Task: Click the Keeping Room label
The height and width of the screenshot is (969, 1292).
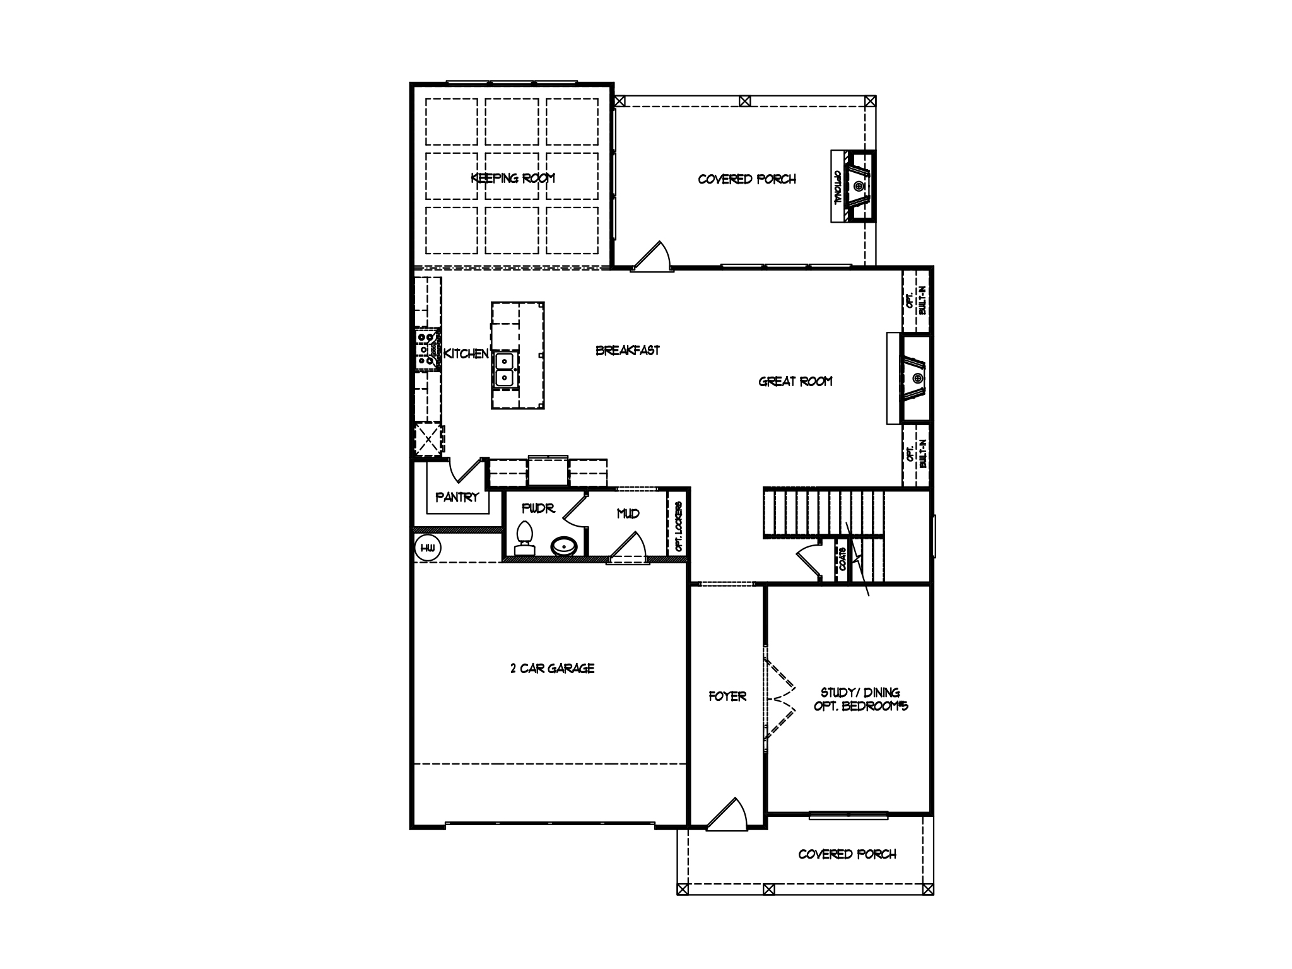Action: [512, 178]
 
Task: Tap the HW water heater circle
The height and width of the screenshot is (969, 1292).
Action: [426, 548]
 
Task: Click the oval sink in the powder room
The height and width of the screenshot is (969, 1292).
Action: [563, 546]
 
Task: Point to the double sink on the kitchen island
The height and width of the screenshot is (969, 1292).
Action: [505, 370]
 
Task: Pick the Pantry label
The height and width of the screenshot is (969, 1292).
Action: [457, 497]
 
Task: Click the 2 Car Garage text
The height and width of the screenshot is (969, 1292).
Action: [552, 668]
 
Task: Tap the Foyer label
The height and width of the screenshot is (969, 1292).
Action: [727, 696]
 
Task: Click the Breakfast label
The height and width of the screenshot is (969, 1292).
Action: [628, 350]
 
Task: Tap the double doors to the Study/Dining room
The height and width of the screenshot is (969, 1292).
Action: [780, 699]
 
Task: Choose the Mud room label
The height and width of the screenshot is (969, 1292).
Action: [628, 514]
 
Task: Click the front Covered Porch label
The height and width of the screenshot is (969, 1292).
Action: [847, 854]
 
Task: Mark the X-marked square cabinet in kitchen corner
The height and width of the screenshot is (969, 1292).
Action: [428, 439]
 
